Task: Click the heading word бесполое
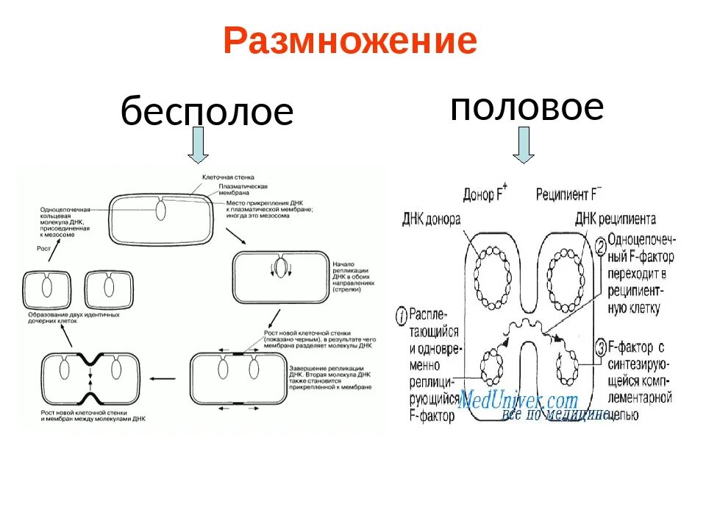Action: click(207, 113)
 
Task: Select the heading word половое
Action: click(527, 107)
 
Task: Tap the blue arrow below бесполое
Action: click(198, 144)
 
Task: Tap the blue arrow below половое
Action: click(523, 144)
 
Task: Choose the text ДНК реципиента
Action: click(616, 219)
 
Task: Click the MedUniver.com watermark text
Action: click(519, 400)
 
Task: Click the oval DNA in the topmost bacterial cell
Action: click(161, 211)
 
